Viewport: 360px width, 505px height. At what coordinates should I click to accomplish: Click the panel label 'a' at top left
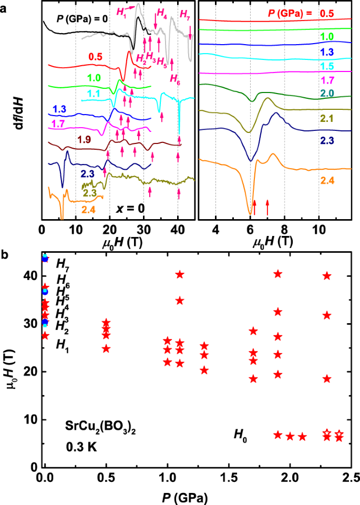click(x=4, y=7)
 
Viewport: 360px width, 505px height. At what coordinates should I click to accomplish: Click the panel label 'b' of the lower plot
click(x=4, y=256)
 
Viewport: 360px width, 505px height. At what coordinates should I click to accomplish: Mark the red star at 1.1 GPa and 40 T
click(x=179, y=274)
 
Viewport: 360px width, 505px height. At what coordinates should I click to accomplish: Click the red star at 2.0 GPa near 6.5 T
click(x=290, y=436)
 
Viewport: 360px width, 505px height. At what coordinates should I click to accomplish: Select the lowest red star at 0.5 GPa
click(x=106, y=348)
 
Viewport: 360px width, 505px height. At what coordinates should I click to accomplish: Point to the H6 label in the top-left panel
click(x=174, y=79)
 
